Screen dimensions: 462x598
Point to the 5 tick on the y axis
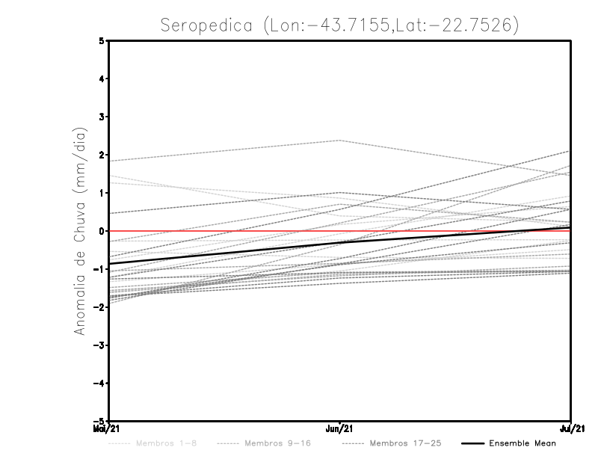coord(102,40)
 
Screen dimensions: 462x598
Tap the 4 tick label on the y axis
coord(102,78)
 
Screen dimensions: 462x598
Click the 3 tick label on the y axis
coord(102,117)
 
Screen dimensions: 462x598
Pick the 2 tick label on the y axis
coord(102,155)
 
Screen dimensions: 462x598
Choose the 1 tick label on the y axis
coord(102,193)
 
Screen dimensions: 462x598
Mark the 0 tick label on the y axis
coord(102,231)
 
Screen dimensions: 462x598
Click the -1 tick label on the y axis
coord(99,269)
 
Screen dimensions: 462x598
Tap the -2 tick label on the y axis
coord(99,307)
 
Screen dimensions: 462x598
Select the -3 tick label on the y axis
coord(99,345)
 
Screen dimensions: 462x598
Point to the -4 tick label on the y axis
coord(99,384)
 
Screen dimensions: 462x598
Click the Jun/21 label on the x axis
coord(340,429)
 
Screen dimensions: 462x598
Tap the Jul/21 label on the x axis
coord(571,429)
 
